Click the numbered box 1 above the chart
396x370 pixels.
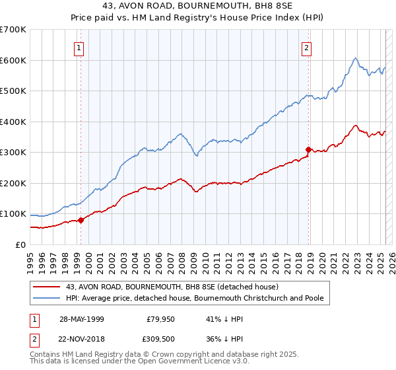pyautogui.click(x=79, y=47)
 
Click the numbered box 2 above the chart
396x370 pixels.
pyautogui.click(x=308, y=47)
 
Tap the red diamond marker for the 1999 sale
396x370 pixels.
pyautogui.click(x=81, y=220)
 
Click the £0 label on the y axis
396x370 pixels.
pyautogui.click(x=20, y=244)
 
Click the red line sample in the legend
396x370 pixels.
pyautogui.click(x=47, y=287)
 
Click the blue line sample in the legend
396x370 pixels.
pyautogui.click(x=47, y=298)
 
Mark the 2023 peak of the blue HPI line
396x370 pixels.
pyautogui.click(x=355, y=59)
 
